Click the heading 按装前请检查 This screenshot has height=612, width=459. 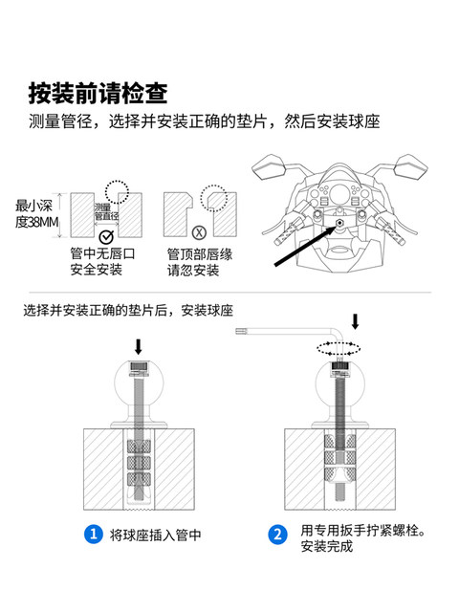point(98,93)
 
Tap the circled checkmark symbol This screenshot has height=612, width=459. point(106,235)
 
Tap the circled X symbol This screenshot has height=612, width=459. point(199,231)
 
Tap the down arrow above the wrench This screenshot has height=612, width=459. point(357,320)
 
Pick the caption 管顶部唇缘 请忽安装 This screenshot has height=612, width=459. point(193,262)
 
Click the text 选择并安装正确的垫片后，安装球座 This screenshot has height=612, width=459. point(129,310)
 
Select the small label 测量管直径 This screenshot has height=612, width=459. point(106,212)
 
